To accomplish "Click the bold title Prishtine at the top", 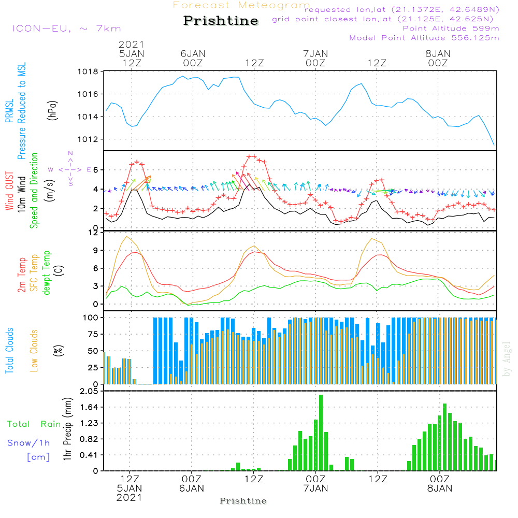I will pos(221,21).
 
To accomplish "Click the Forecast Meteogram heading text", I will pos(241,5).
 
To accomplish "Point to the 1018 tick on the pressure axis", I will pos(90,71).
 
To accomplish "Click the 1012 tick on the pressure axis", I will pos(90,139).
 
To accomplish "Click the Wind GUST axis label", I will pos(9,192).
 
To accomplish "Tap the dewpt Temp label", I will pos(47,273).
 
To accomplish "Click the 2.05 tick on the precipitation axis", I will pos(89,392).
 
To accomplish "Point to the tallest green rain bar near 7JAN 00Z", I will pos(321,433).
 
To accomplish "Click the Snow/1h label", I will pos(29,443).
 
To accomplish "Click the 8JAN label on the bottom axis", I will pos(439,488).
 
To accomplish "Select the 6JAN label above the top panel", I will pos(193,53).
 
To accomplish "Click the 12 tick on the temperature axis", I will pos(94,233).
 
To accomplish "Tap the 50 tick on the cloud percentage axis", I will pos(93,351).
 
